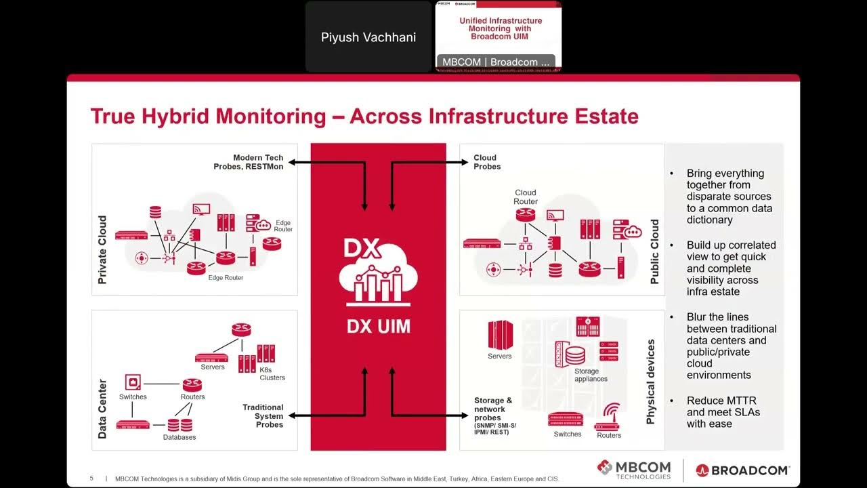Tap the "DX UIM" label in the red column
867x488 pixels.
[378, 327]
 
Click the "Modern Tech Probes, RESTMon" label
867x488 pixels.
[249, 162]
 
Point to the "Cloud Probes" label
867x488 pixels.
[487, 162]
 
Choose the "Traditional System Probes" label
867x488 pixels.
[263, 415]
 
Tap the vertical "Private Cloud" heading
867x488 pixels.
[102, 249]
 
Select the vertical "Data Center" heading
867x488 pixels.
[102, 409]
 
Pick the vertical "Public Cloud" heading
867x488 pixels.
[654, 251]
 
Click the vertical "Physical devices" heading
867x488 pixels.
[651, 382]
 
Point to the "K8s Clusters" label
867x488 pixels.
[272, 373]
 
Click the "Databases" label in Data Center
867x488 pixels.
[179, 437]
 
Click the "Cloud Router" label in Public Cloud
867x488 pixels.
[526, 197]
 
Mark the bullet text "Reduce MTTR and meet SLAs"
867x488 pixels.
[723, 412]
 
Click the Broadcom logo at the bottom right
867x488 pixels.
[742, 470]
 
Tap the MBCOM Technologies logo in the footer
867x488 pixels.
[634, 469]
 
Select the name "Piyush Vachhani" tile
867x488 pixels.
[368, 37]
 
